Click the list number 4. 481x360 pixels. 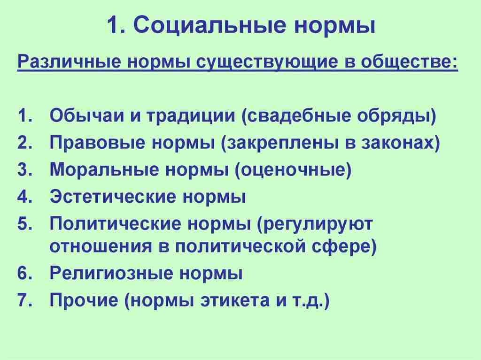point(24,197)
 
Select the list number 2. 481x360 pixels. point(24,143)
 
